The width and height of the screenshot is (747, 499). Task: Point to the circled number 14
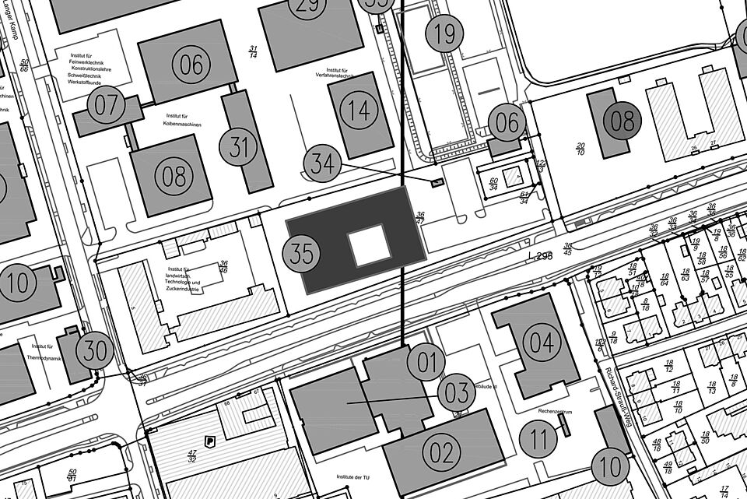359,111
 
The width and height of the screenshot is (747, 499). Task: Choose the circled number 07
106,106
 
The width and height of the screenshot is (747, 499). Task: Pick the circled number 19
444,33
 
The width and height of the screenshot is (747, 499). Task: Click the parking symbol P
209,441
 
